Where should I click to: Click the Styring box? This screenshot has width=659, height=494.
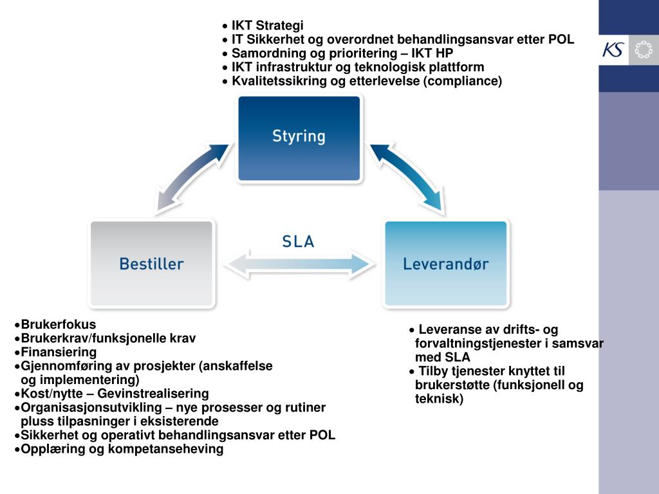point(299,138)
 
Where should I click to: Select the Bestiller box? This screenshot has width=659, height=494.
point(151,263)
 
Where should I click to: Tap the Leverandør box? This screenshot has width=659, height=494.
point(445,263)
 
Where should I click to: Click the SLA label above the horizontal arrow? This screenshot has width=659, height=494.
point(298,242)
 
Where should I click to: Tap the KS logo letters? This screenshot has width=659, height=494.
point(613,50)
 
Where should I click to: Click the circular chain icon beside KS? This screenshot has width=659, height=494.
point(642,50)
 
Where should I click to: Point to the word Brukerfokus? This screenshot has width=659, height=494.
point(59,324)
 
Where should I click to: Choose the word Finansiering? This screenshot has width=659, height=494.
point(59,352)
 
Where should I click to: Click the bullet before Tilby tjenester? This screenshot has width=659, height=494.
point(412,372)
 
